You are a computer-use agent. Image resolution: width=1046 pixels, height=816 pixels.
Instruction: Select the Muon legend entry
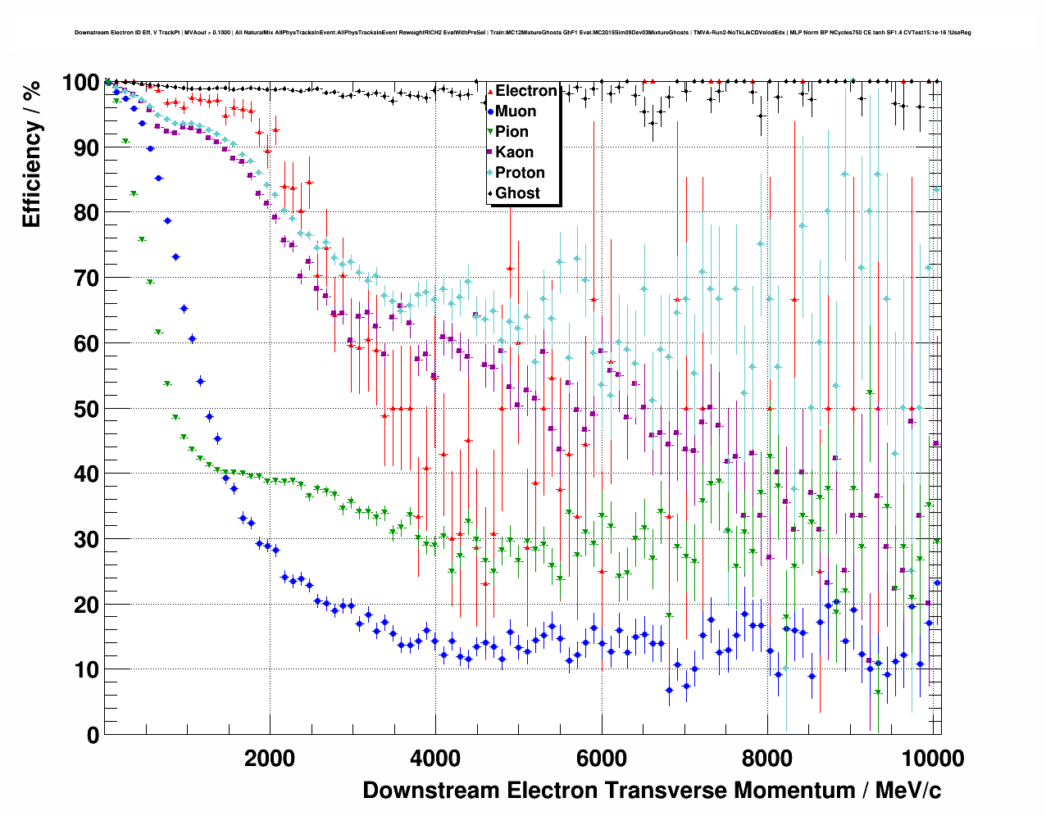coord(516,111)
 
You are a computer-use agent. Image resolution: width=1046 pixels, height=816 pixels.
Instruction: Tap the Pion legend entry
coord(512,132)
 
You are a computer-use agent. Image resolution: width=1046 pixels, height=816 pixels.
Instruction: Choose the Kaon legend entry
coord(514,152)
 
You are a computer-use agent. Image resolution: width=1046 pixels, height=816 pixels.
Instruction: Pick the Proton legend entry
coord(520,173)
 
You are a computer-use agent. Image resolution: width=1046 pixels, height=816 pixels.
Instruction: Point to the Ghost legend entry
coord(517,193)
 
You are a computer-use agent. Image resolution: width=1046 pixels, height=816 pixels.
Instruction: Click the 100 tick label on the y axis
coord(80,83)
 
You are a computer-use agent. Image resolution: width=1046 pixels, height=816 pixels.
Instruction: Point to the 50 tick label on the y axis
coord(86,409)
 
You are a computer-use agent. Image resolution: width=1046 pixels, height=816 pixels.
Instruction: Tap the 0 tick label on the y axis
coord(93,735)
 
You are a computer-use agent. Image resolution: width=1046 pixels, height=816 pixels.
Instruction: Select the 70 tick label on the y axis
coord(86,279)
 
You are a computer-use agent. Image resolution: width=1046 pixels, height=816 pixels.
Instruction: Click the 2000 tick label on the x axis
coord(270,758)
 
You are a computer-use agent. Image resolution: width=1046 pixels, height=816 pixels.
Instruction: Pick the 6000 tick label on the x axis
coord(601,758)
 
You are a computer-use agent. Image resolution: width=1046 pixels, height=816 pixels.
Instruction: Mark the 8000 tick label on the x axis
coord(767,758)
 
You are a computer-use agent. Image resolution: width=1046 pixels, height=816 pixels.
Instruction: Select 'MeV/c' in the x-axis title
coord(908,790)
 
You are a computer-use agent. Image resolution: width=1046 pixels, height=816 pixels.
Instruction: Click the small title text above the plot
coord(522,33)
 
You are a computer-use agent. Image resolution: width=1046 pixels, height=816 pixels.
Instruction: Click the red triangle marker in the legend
coord(490,91)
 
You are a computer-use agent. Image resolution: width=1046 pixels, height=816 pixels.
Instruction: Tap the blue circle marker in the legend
coord(490,111)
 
